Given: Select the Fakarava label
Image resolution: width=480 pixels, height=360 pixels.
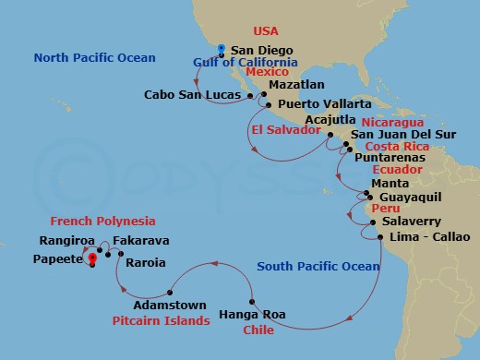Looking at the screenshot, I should tap(140, 241).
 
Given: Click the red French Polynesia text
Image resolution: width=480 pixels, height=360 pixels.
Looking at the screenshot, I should tap(102, 222).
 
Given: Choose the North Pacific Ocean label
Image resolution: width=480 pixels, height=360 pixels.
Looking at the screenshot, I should tap(94, 58).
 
